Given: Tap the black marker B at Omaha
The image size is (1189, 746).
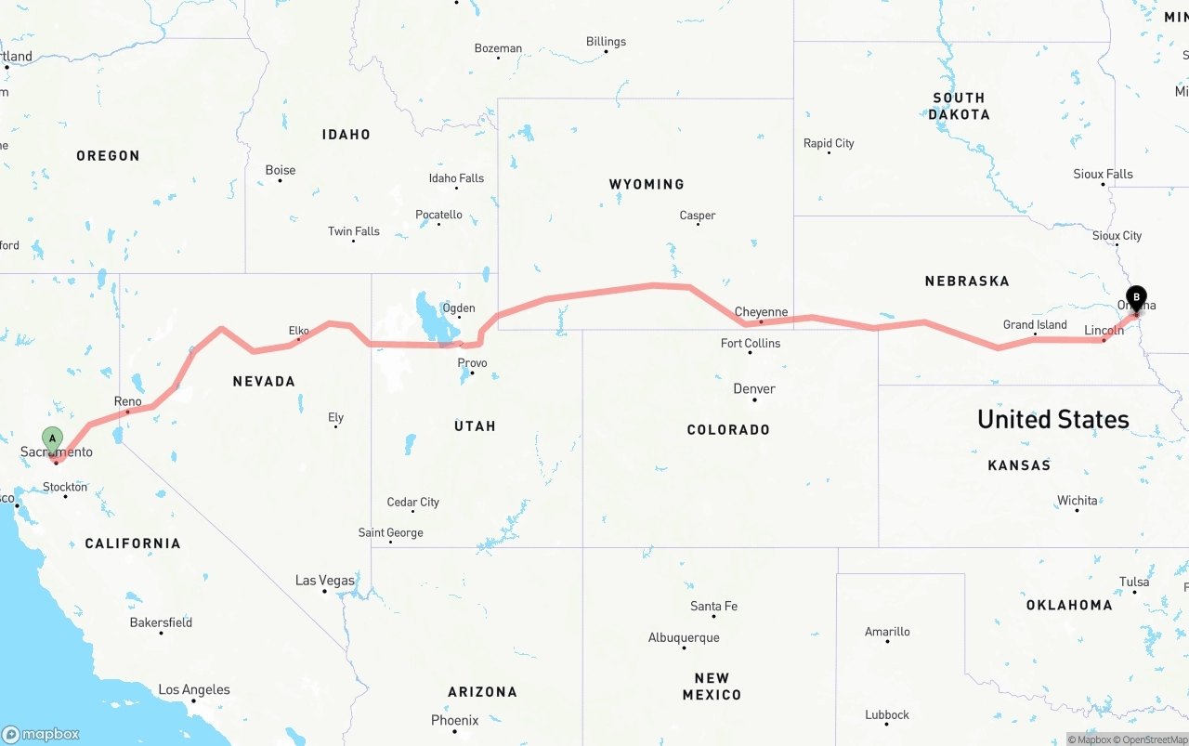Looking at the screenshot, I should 1135,298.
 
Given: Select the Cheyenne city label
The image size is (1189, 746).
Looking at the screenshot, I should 761,312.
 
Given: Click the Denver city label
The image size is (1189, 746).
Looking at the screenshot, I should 753,388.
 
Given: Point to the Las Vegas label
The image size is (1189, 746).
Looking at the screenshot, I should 324,581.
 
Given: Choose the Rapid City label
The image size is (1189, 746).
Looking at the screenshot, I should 829,143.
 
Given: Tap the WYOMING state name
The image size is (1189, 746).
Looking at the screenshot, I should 647,184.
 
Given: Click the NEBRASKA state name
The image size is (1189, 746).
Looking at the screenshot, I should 966,281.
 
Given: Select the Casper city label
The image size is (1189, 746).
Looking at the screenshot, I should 697,216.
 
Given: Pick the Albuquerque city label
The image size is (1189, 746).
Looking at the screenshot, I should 684,637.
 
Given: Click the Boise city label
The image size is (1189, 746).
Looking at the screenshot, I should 280,170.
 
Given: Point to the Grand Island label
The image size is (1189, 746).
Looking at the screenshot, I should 1035,324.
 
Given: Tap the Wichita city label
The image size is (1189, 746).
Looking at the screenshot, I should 1077,501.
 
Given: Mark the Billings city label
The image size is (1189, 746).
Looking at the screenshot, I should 606,42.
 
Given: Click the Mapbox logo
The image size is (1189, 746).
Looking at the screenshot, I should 41,734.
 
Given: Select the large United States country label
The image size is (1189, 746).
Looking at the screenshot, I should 1052,419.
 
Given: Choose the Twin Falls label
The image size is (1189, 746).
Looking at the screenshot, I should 353,231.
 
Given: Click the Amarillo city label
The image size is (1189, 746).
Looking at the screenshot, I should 887,632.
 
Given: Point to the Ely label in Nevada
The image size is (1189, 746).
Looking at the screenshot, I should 335,418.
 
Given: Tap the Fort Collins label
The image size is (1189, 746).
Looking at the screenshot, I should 751,343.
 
